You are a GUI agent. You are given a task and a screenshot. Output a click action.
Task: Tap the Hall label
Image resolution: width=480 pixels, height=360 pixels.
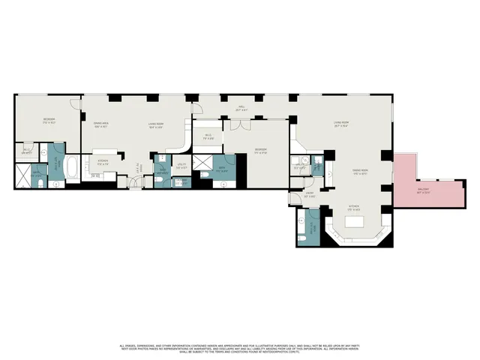pos(242,109)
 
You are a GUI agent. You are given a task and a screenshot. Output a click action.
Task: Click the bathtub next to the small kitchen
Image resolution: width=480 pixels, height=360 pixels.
pos(71,169)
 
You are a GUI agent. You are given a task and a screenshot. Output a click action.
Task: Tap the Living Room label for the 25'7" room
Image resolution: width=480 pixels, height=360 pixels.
pos(344,124)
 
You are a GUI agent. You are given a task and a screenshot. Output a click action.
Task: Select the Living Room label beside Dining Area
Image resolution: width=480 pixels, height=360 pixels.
pos(156,124)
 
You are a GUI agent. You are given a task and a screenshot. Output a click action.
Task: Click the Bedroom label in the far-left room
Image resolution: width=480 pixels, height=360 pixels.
pos(48,121)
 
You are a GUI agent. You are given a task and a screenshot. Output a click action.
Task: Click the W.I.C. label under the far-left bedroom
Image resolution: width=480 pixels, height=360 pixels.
pos(27,151)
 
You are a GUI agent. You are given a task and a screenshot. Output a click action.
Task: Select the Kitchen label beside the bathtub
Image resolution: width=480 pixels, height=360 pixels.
pos(103,161)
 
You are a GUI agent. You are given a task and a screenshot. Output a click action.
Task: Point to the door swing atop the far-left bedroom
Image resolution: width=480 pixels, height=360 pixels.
pos(71,103)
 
